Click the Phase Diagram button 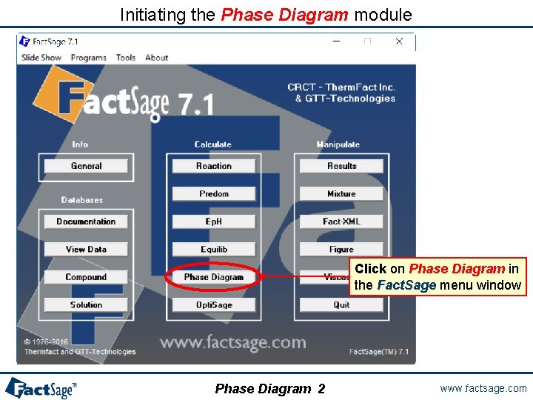[213, 277]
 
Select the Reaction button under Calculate [213, 166]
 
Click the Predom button [213, 194]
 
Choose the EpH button [213, 221]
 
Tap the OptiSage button [213, 304]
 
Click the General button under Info [86, 166]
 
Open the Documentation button [86, 221]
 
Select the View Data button [86, 250]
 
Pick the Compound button [86, 277]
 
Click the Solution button [86, 304]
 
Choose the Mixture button [341, 194]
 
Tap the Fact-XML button [341, 221]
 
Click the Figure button [341, 250]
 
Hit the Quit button [341, 304]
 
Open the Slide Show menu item [41, 58]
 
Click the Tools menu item [126, 58]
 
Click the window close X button [399, 41]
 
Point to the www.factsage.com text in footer [483, 388]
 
